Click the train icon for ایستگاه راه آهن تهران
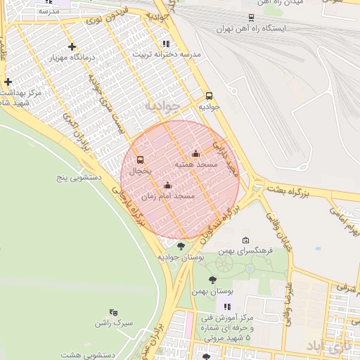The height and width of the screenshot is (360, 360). (252, 18)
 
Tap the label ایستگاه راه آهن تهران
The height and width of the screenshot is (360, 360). (252, 30)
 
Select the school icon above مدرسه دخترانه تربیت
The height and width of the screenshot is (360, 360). (166, 44)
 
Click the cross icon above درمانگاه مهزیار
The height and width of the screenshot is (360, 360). (72, 46)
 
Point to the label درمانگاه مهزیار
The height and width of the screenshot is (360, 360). (70, 58)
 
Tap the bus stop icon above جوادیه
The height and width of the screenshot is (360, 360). (209, 96)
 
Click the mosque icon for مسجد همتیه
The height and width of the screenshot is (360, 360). (195, 154)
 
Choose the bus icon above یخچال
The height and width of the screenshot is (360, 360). (140, 160)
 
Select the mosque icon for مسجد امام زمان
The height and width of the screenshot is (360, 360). (167, 186)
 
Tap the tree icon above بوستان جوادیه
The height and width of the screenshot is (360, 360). (181, 246)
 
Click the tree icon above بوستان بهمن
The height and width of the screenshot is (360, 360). (212, 280)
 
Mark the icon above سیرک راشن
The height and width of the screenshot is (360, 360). (114, 312)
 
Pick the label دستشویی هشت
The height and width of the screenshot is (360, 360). (87, 355)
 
